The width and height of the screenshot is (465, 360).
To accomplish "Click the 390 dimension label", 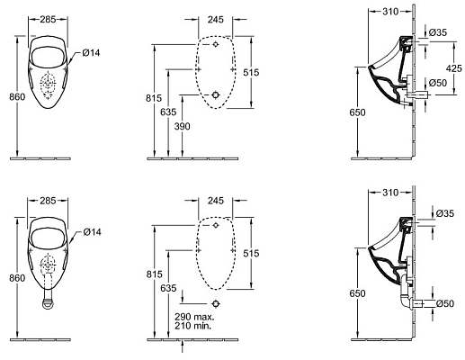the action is [x=182, y=126].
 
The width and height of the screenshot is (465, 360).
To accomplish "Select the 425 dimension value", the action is [x=454, y=68].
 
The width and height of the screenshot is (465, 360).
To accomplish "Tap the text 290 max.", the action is [x=194, y=317].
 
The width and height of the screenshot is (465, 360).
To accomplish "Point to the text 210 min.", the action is [x=193, y=326].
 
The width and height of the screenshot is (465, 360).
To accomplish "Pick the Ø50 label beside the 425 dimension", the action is [x=438, y=83].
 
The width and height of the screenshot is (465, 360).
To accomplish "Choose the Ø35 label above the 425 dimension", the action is [x=438, y=32].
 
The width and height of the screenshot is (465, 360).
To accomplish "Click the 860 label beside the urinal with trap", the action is [x=17, y=278].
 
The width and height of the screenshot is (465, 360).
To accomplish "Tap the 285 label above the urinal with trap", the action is [x=48, y=201].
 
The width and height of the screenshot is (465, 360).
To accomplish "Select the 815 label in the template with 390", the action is [x=154, y=98].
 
